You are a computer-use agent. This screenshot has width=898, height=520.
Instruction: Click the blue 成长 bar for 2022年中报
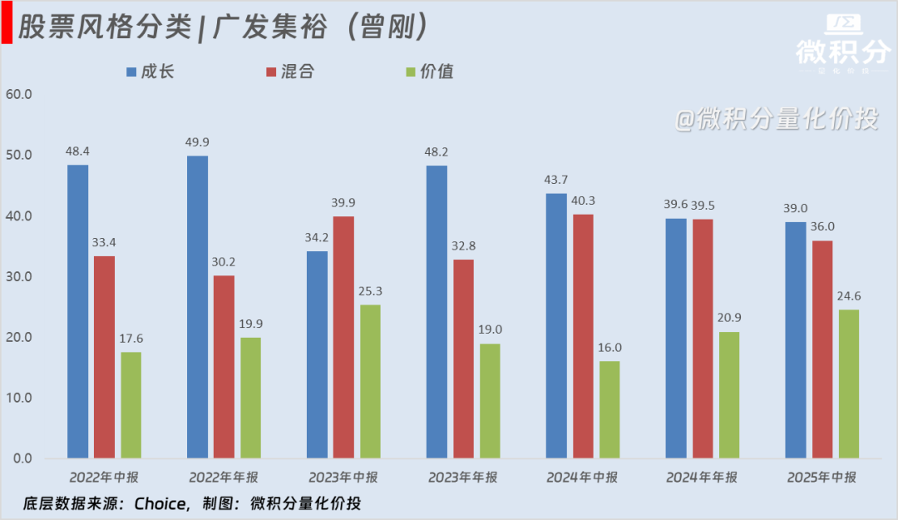(77, 311)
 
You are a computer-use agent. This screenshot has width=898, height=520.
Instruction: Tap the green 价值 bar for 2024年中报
(609, 409)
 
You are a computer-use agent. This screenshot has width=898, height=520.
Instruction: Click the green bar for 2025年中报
(849, 384)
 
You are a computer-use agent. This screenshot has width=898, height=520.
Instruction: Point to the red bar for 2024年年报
(703, 338)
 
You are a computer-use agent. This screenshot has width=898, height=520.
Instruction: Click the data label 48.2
(437, 153)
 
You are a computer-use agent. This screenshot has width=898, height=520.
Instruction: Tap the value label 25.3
(370, 292)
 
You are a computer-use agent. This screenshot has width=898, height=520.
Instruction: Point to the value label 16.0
(609, 349)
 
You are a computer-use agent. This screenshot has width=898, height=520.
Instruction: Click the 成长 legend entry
(150, 72)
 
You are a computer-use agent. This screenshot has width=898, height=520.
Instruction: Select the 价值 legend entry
(428, 72)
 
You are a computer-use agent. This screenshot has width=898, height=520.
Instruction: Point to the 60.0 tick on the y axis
(18, 94)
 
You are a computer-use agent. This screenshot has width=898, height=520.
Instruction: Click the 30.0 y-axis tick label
(18, 277)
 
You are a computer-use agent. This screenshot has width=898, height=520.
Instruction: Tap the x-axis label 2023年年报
(463, 478)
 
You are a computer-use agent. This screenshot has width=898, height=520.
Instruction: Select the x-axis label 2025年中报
(822, 478)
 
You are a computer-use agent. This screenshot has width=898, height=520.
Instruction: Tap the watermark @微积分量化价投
(776, 119)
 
